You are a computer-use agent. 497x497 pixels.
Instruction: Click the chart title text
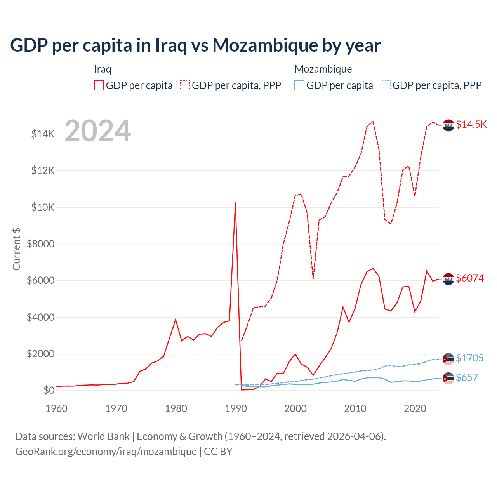(x=195, y=45)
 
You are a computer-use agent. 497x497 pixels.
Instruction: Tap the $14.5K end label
(x=471, y=124)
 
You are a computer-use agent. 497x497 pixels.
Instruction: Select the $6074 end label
(x=470, y=278)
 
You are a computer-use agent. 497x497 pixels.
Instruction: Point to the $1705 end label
(x=470, y=358)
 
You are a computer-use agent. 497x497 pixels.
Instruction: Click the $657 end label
(x=467, y=377)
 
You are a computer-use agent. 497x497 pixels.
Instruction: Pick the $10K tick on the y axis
(x=43, y=207)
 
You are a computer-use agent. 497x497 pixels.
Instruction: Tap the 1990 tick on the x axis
(x=236, y=408)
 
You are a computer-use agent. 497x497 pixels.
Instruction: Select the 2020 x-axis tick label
(x=415, y=408)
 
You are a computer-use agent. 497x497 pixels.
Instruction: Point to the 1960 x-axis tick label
(x=57, y=408)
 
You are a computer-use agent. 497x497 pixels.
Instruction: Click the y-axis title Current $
(x=16, y=249)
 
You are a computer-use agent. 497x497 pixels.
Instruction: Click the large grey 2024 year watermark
(x=97, y=131)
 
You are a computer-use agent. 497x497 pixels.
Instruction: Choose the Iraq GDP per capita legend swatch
(x=99, y=85)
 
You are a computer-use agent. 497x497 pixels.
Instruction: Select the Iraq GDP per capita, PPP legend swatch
(x=185, y=85)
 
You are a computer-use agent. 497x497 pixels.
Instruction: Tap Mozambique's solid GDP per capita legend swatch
(x=299, y=85)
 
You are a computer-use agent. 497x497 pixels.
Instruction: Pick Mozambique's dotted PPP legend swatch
(x=386, y=85)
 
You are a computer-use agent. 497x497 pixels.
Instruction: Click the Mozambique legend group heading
(x=323, y=69)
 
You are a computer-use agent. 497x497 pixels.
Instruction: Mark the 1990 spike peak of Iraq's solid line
(x=235, y=203)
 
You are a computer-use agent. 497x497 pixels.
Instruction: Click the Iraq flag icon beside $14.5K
(x=448, y=125)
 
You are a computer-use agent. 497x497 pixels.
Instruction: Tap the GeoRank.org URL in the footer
(x=106, y=452)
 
